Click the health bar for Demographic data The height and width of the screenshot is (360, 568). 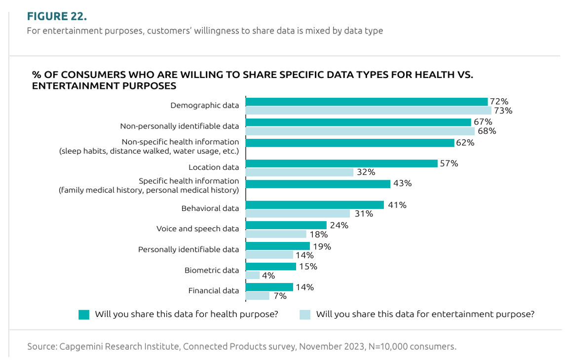(366, 102)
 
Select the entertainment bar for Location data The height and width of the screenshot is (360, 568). (300, 172)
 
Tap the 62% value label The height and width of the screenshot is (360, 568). (465, 143)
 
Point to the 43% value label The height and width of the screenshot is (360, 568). (402, 183)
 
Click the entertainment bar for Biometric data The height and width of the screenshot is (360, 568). (253, 275)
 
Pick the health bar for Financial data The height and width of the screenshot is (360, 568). (269, 287)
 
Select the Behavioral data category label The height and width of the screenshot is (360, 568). (210, 208)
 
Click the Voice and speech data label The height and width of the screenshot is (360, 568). (197, 229)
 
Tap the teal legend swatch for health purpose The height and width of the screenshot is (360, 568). (84, 315)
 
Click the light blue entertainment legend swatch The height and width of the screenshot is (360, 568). (304, 315)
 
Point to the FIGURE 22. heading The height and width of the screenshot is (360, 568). (57, 16)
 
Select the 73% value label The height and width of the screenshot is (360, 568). (503, 111)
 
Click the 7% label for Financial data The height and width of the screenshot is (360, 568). (280, 296)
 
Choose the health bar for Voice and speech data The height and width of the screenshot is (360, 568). (286, 225)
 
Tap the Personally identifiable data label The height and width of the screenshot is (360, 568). (189, 249)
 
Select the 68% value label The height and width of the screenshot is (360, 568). (486, 131)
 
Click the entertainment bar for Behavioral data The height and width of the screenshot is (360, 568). (298, 214)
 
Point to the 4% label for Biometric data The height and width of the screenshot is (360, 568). (269, 276)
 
